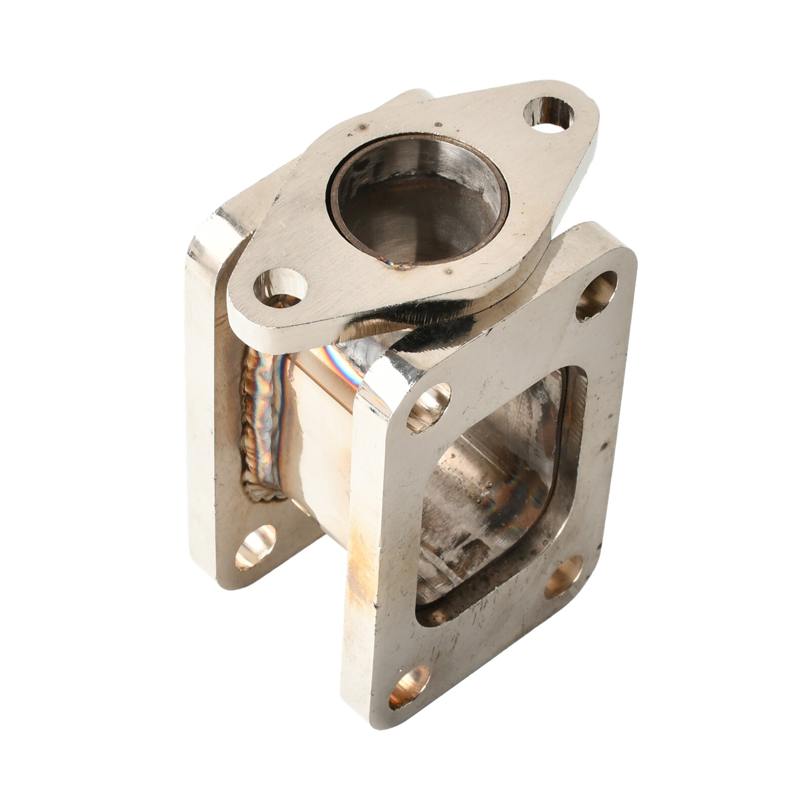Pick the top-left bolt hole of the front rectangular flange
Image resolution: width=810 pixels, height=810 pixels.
point(429,406)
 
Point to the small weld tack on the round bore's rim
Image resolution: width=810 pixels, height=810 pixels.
point(397,263)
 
